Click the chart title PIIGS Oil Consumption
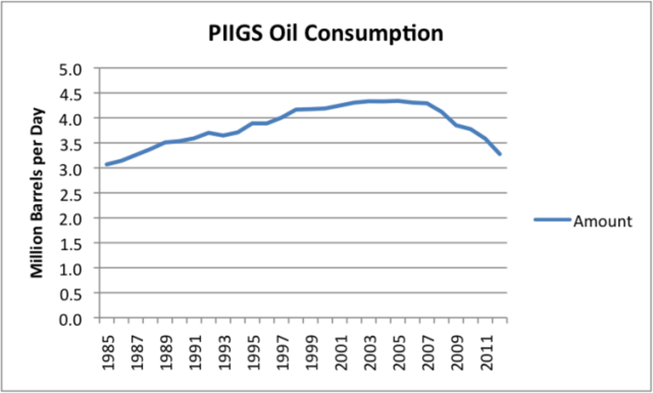[x=326, y=34]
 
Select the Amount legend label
[x=602, y=221]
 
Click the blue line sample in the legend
[x=552, y=220]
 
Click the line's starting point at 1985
[x=106, y=164]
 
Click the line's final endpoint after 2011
[x=500, y=155]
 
